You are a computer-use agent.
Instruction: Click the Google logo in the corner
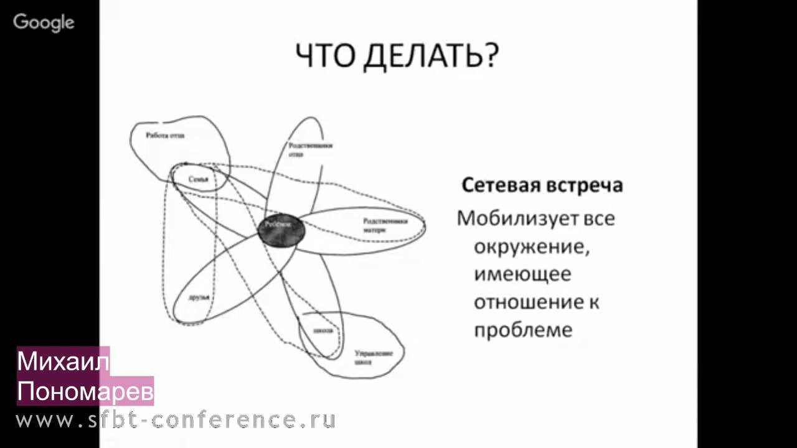(44, 22)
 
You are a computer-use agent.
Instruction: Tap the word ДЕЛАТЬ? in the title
(430, 57)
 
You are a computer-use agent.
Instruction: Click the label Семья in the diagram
(199, 179)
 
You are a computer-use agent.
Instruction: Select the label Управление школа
(374, 357)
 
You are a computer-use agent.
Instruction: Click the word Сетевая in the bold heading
(500, 185)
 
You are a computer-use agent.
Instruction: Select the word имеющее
(522, 274)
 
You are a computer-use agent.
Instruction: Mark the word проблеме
(523, 330)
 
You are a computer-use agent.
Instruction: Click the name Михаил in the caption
(63, 362)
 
